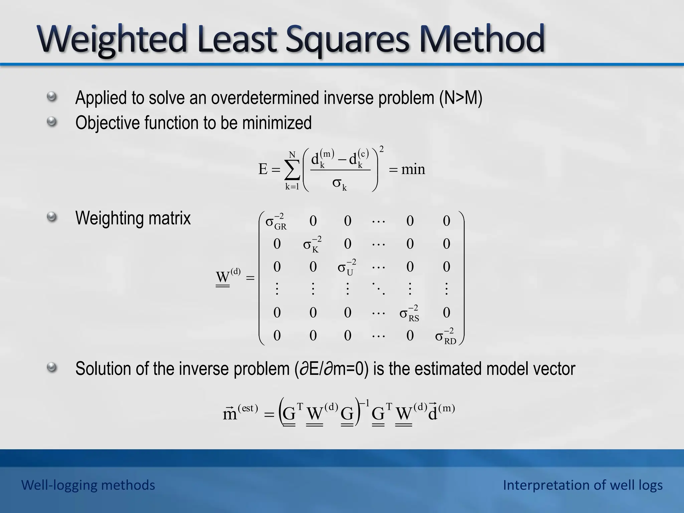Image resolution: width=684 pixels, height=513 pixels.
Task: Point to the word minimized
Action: click(277, 123)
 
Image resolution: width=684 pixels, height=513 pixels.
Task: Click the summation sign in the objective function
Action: click(292, 170)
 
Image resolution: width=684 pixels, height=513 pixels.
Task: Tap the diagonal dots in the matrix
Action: click(378, 289)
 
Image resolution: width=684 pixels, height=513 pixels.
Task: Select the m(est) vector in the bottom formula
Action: click(240, 413)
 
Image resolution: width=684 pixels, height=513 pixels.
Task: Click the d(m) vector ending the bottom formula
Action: click(441, 413)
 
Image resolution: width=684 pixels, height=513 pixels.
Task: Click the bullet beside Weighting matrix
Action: click(51, 218)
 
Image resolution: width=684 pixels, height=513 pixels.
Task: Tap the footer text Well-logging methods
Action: click(88, 485)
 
